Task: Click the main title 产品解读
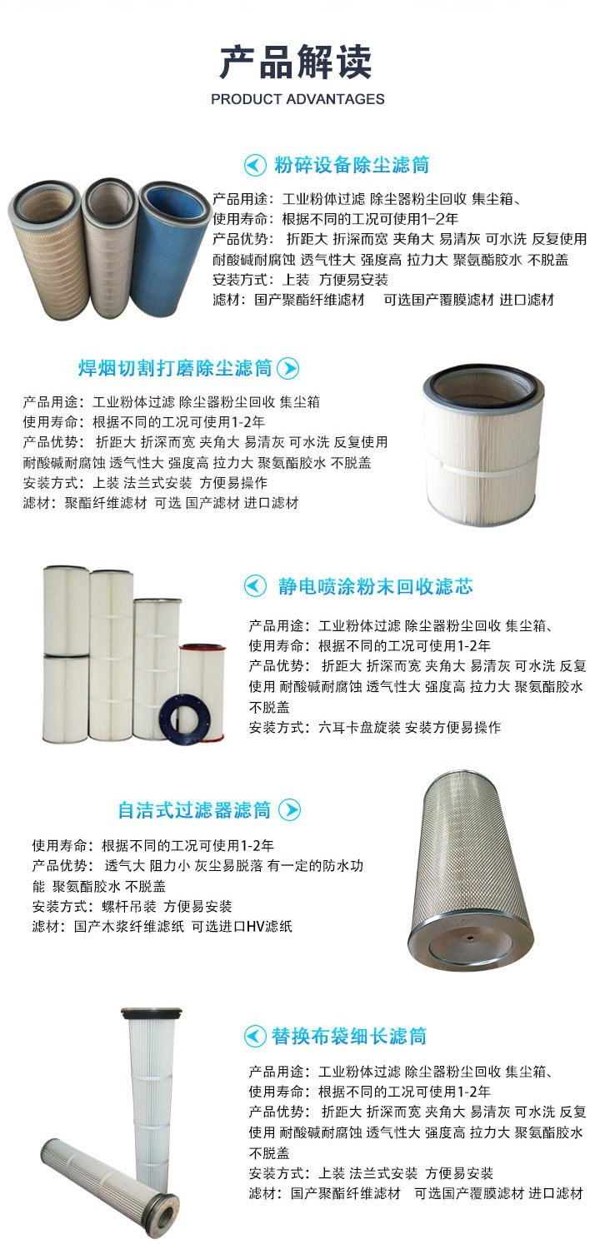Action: coord(296,62)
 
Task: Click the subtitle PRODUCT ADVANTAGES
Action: coord(297,99)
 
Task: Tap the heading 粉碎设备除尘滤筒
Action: coord(352,165)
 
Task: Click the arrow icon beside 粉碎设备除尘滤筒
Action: coord(255,165)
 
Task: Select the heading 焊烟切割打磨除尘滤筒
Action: coord(175,368)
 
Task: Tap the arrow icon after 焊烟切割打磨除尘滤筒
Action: coord(288,368)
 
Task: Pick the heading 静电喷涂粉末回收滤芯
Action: coord(376,586)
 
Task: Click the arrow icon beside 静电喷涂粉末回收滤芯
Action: coord(255,586)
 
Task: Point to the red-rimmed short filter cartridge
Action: coord(202,689)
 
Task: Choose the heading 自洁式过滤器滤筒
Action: coord(194,810)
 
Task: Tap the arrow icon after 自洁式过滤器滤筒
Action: coord(289,810)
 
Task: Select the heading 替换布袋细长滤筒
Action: coord(349,1037)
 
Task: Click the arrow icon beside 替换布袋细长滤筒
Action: coord(255,1037)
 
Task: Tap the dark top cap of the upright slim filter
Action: coord(152,1013)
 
